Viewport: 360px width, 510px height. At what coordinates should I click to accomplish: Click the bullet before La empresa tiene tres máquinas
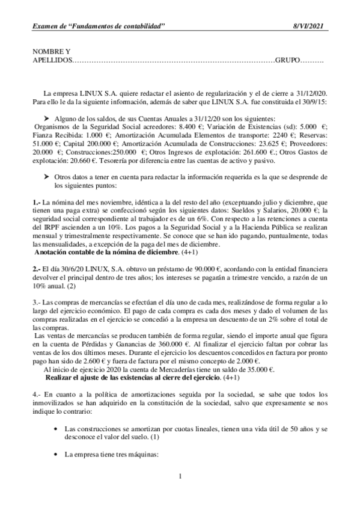point(55,455)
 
